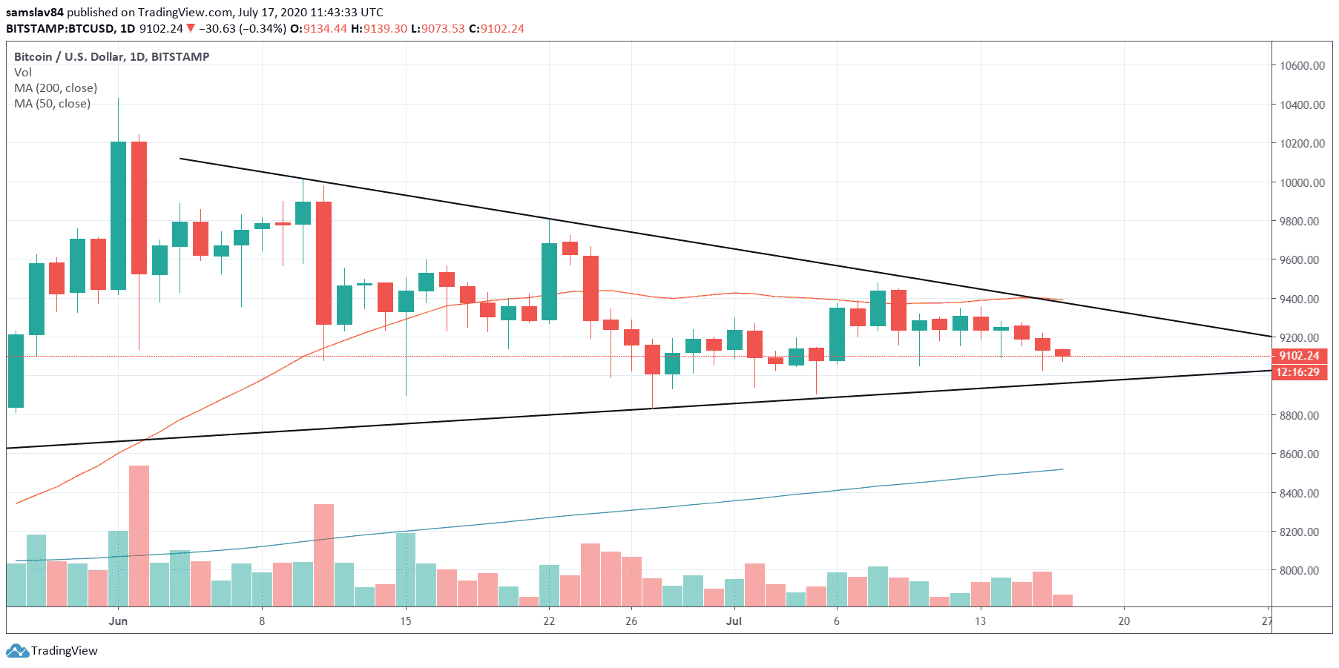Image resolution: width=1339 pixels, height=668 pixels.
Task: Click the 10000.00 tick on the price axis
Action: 1302,182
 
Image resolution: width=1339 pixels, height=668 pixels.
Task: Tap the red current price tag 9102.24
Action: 1299,356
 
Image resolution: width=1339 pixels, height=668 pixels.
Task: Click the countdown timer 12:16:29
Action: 1297,372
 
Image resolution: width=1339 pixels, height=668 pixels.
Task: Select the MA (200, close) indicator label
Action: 56,87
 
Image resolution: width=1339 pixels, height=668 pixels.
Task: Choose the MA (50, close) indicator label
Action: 53,103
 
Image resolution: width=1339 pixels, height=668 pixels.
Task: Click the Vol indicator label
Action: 23,72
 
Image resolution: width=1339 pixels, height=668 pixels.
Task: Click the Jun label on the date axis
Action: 118,621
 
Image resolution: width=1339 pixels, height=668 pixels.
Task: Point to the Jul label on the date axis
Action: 734,621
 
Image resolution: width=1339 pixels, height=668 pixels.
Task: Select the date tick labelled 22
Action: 549,621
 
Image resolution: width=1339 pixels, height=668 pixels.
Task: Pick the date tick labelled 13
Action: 980,621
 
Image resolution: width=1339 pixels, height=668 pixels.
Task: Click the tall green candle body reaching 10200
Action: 118,215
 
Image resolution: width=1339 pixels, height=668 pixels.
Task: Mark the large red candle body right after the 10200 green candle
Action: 139,208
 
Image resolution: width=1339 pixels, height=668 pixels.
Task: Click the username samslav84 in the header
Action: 35,12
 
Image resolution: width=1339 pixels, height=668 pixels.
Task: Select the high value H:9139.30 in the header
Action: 379,28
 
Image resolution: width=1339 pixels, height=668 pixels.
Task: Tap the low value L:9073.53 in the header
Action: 438,28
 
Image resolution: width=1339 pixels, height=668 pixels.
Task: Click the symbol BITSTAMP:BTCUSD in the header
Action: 60,28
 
